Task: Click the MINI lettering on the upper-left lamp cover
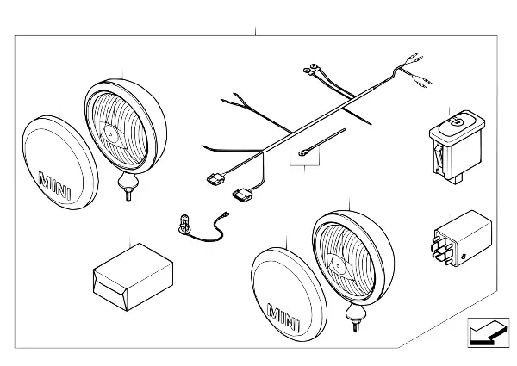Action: [55, 185]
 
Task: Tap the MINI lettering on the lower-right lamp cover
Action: [283, 318]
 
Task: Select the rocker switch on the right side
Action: [457, 147]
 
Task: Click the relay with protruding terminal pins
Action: [462, 239]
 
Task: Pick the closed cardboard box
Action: [134, 277]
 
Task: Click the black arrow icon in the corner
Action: [488, 332]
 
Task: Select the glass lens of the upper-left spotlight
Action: [120, 129]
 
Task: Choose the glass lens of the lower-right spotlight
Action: [345, 260]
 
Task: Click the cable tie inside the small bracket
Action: [321, 142]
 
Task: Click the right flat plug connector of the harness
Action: [242, 195]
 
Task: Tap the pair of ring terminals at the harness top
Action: [312, 70]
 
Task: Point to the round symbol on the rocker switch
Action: [457, 122]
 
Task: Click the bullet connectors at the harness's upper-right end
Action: [417, 70]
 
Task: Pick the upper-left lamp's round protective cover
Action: [60, 163]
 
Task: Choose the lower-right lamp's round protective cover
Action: [289, 295]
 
